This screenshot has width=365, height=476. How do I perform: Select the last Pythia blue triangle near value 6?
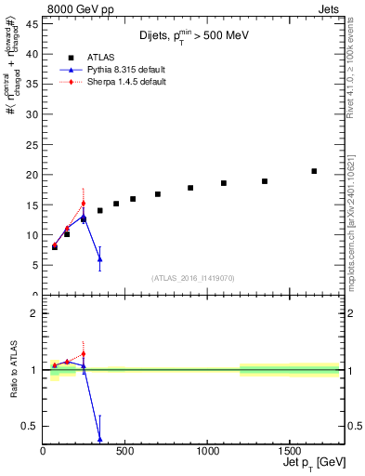click(99, 259)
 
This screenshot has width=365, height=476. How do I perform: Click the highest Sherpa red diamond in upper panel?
click(84, 204)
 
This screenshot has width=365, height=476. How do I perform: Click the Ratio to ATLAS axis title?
click(13, 370)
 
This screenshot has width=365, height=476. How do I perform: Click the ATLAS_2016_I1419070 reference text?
click(192, 278)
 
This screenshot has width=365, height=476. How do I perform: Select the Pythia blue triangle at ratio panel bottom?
click(99, 439)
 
